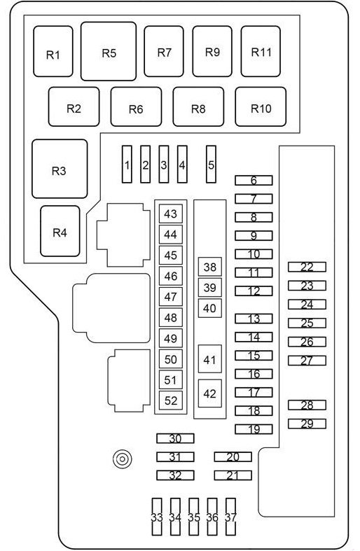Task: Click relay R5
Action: (x=109, y=51)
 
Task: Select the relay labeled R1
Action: (x=53, y=51)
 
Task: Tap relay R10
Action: (x=261, y=107)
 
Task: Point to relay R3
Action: (x=60, y=169)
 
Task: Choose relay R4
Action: (x=60, y=231)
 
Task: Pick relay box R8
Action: (x=198, y=107)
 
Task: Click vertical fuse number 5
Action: (x=211, y=164)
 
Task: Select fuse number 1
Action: (x=127, y=164)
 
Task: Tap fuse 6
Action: (x=254, y=180)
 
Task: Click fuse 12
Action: (x=254, y=291)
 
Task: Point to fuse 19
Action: (x=254, y=429)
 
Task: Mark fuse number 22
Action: (x=307, y=267)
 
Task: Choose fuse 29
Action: (x=307, y=424)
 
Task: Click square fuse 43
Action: (x=171, y=214)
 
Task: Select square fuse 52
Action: (x=171, y=400)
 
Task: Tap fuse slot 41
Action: (x=210, y=358)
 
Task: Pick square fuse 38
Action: (x=210, y=267)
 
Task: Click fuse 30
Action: (x=175, y=438)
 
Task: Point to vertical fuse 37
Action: (x=230, y=517)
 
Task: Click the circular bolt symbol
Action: (x=123, y=459)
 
